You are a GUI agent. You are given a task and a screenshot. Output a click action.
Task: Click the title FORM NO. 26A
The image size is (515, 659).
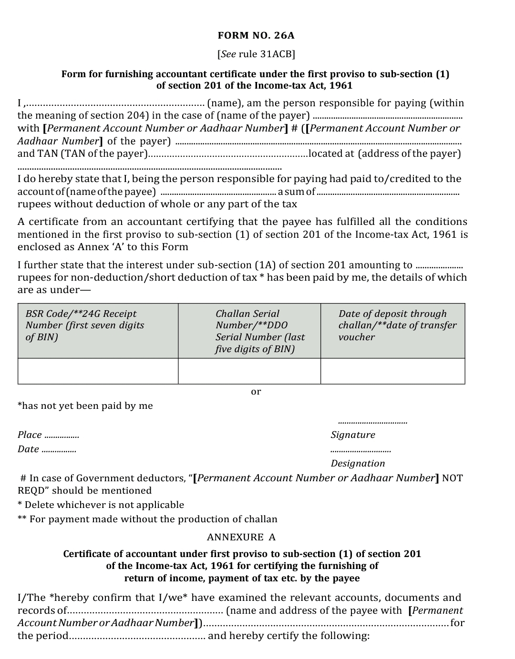[256, 35]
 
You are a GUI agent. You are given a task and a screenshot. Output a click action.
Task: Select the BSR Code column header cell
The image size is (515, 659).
[98, 331]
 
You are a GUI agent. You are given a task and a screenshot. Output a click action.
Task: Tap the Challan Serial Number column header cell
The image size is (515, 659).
[249, 331]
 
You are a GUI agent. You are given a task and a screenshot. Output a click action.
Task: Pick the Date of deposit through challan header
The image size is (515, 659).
[392, 331]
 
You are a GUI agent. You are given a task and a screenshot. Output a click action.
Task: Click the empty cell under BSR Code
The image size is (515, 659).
[98, 371]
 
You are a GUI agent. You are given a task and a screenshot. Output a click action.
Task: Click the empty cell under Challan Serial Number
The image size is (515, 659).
[249, 371]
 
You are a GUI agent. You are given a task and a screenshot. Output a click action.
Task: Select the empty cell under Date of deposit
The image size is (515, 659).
[392, 371]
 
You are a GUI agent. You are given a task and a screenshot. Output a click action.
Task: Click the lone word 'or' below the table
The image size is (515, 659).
[256, 392]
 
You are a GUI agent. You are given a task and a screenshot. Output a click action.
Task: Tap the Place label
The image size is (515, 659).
[30, 435]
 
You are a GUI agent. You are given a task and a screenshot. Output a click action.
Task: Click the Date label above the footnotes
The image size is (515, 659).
[28, 449]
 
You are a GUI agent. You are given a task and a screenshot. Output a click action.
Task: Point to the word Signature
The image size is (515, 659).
[353, 435]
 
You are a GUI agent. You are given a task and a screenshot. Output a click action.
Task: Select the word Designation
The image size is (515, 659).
[358, 463]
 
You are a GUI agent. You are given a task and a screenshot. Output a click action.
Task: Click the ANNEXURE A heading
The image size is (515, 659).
[241, 537]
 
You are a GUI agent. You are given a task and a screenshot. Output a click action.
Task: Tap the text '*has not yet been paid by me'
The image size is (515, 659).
[85, 406]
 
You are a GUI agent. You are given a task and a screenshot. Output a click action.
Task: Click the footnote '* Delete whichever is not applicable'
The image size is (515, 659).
[101, 505]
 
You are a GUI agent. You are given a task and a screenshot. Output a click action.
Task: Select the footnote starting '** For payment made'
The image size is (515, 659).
[147, 519]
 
